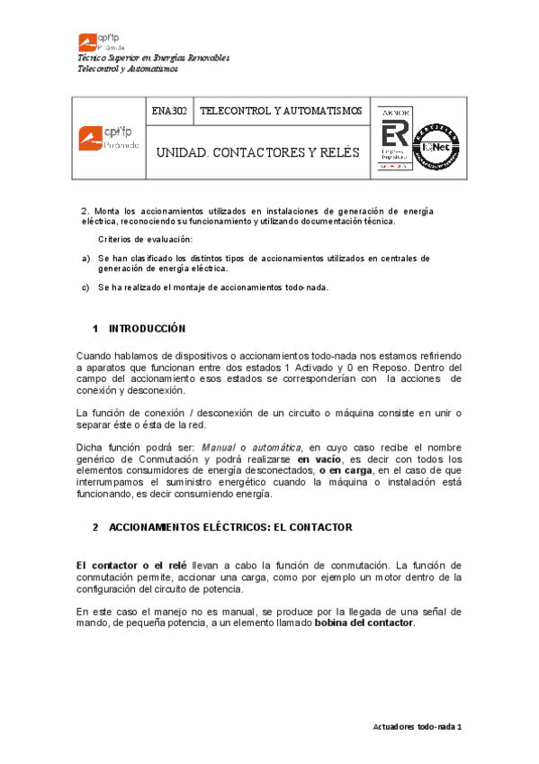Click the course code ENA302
pos(169,111)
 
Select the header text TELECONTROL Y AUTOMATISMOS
pos(280,111)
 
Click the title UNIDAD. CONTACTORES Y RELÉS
pos(257,152)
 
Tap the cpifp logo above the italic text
pos(102,41)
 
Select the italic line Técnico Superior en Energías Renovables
pos(153,58)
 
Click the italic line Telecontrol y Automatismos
pos(128,68)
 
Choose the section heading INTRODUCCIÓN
pos(147,328)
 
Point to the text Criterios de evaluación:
pos(145,239)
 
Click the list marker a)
pos(85,258)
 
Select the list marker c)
pos(85,287)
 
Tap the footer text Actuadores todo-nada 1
pos(417,726)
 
